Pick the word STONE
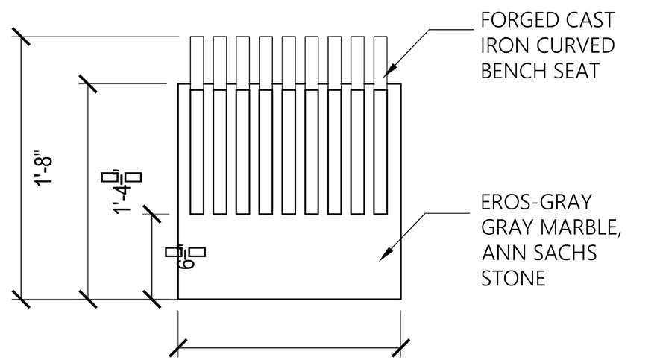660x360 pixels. (514, 279)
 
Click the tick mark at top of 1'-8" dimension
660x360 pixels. (21, 36)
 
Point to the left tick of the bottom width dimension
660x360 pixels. (178, 347)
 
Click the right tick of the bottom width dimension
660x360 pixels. (401, 347)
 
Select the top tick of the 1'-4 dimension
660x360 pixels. (88, 83)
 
